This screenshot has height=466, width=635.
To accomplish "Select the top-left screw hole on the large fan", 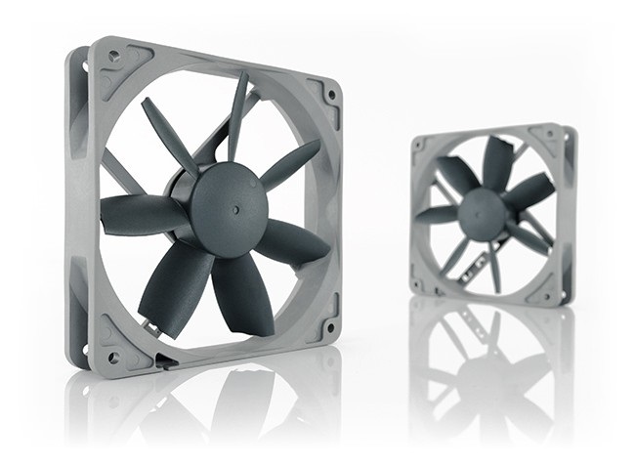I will pos(115,58).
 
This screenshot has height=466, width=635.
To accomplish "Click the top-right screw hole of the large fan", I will pos(331,95).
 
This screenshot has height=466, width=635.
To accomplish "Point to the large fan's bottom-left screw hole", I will pos(113,358).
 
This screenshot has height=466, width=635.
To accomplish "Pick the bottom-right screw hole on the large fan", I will pos(328,325).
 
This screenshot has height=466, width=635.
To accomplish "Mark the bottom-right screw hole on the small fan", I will pos(559,286).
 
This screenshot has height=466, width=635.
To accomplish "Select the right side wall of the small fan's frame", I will pos(570,210).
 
